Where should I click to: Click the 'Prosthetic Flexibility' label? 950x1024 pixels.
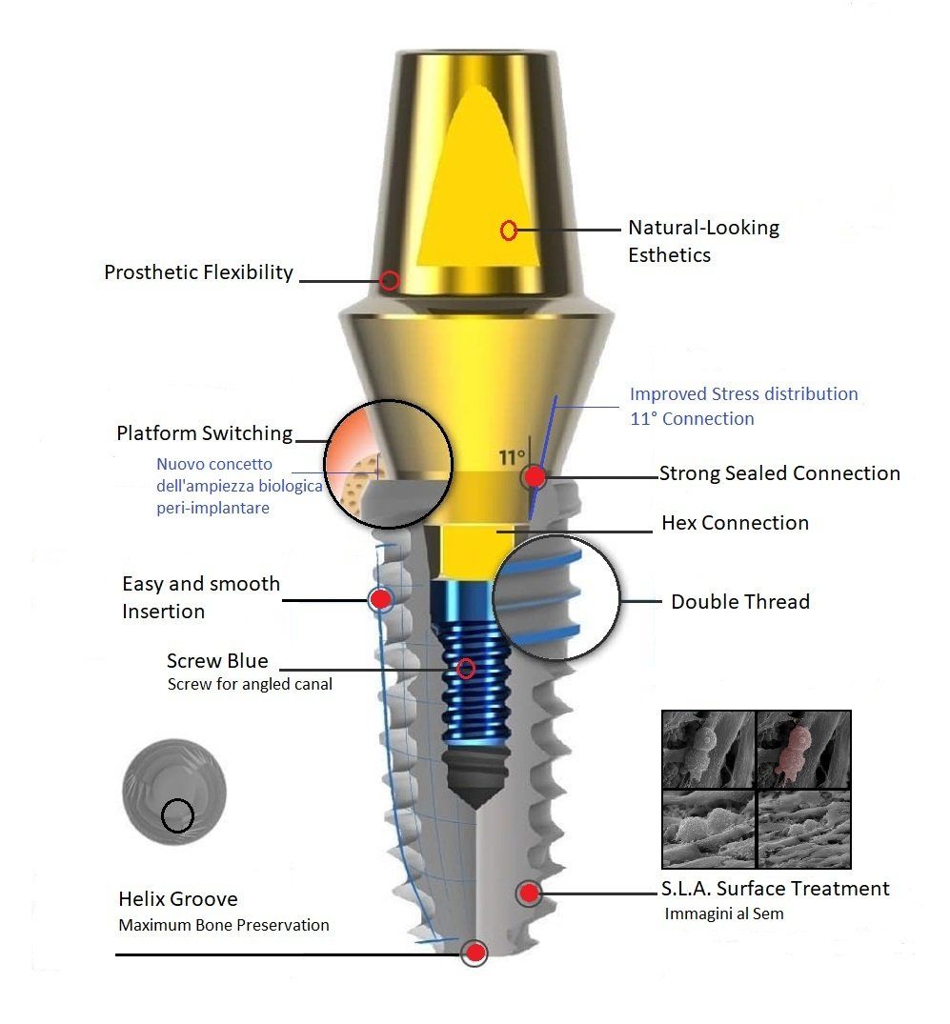click(198, 272)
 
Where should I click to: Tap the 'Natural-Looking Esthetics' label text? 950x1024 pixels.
click(703, 241)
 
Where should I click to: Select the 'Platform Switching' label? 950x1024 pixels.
click(205, 433)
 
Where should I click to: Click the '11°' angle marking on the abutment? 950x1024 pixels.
click(512, 457)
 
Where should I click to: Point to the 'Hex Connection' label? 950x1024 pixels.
click(735, 522)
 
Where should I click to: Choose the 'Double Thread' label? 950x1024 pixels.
click(740, 601)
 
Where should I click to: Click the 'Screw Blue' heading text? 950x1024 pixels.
click(217, 661)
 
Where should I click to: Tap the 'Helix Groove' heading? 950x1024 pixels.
click(178, 899)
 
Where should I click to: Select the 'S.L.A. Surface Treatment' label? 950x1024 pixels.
click(775, 889)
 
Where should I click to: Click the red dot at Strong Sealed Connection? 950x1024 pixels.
click(536, 476)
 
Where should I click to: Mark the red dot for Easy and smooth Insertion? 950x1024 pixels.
click(380, 598)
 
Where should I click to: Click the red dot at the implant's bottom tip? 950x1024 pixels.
click(475, 953)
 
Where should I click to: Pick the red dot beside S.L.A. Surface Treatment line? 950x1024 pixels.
click(529, 893)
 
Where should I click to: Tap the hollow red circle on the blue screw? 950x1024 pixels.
click(466, 668)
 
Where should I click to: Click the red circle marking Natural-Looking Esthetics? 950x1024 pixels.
click(509, 230)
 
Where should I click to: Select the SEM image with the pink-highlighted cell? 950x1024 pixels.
click(803, 750)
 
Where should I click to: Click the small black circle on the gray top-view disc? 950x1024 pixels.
click(178, 816)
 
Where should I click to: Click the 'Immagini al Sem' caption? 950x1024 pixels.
click(724, 914)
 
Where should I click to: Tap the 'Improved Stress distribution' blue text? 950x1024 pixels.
click(743, 393)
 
